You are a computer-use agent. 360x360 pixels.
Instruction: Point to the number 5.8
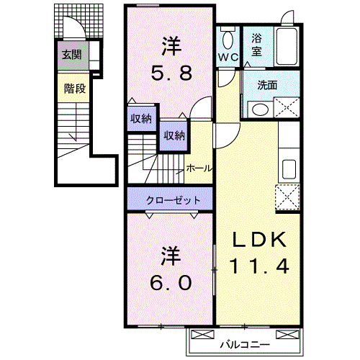(170, 73)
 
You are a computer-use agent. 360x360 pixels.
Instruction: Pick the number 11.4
(259, 266)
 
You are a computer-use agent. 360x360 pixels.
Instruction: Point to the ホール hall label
(199, 168)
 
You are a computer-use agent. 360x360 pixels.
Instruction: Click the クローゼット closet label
(170, 199)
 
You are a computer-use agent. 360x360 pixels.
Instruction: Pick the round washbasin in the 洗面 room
(260, 109)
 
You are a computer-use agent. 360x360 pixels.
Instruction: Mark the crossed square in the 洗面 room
(287, 108)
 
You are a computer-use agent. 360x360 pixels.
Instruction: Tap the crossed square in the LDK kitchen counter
(287, 196)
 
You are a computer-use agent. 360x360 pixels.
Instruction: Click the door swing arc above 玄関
(73, 27)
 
